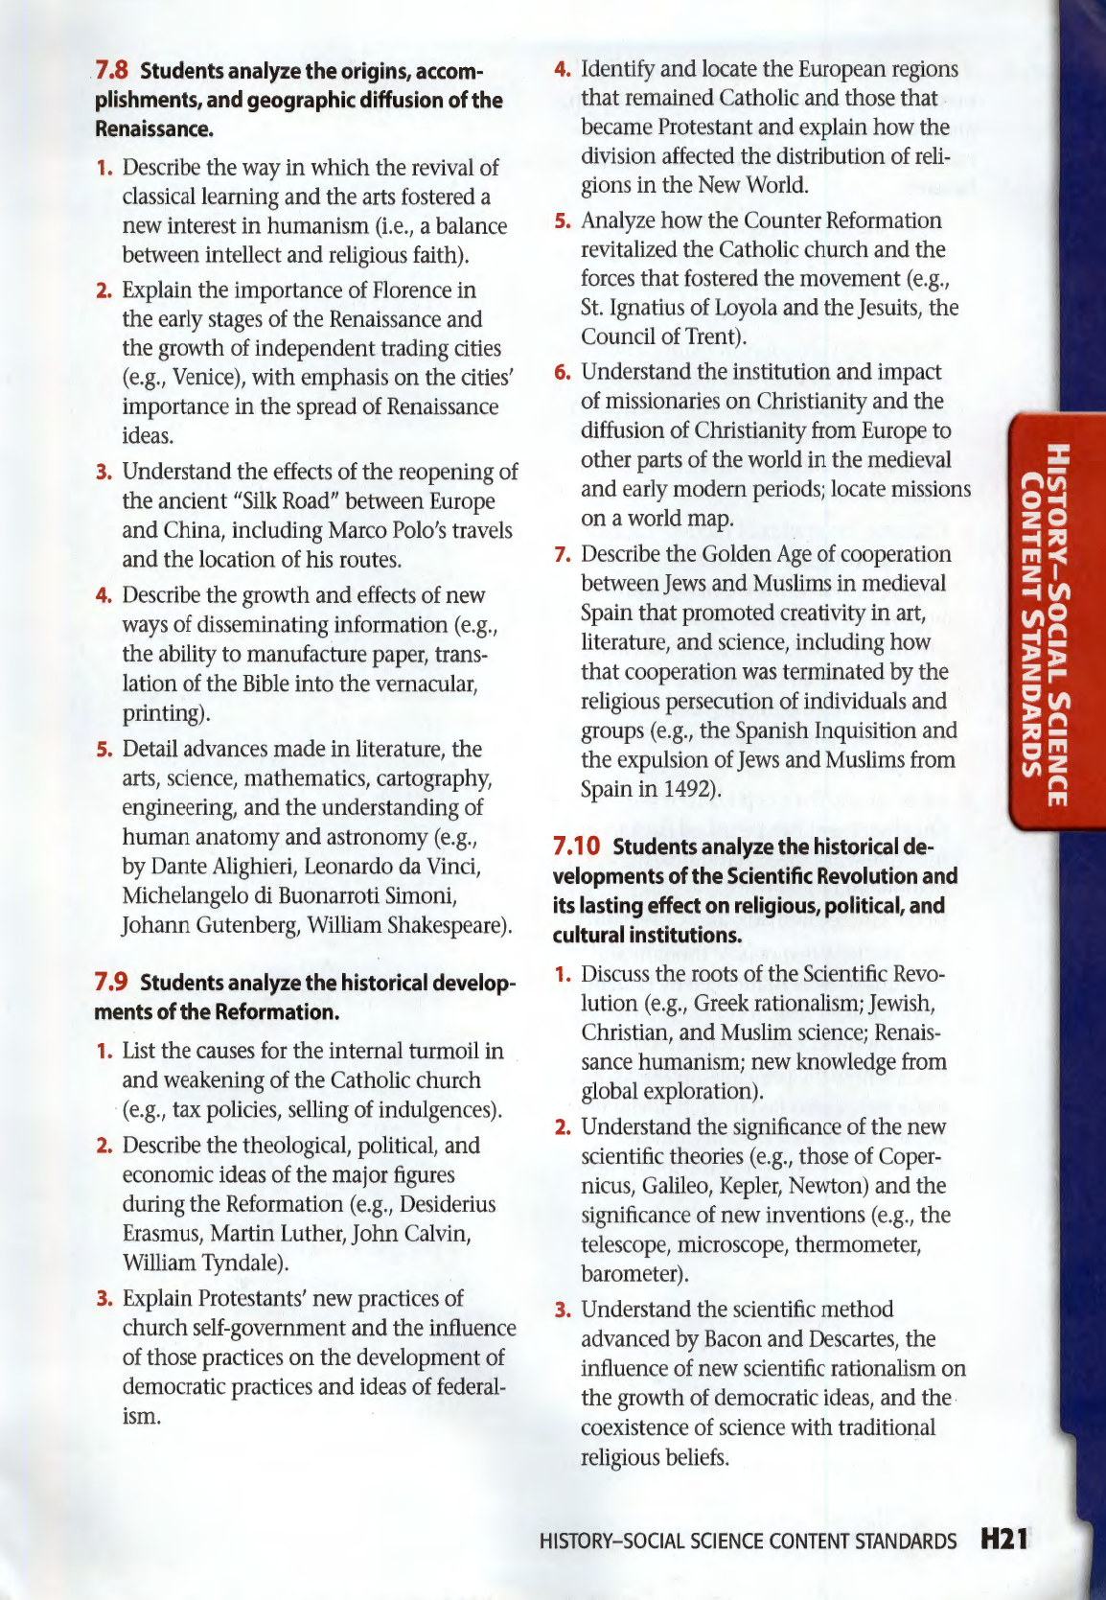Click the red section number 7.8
point(112,71)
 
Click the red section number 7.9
point(111,983)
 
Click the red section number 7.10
point(577,846)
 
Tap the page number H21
point(1004,1540)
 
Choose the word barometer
point(629,1274)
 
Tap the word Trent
point(711,336)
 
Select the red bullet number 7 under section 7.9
point(563,554)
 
